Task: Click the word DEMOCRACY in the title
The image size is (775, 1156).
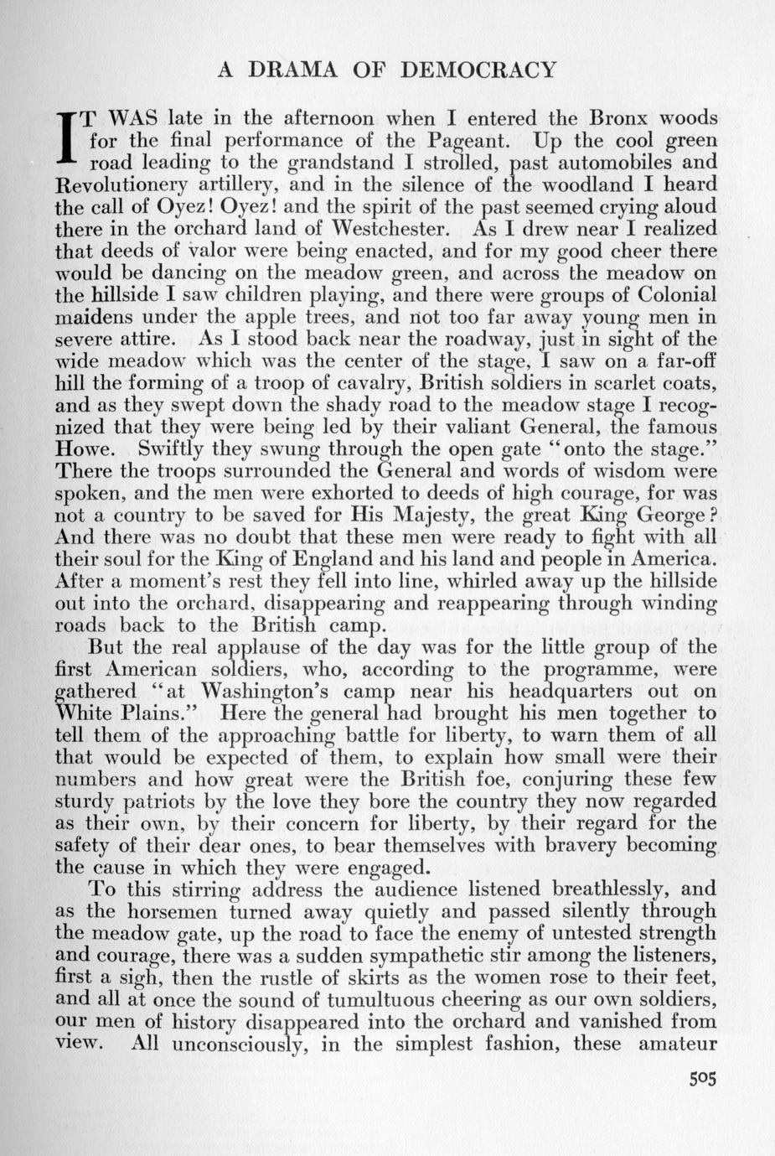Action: pos(478,70)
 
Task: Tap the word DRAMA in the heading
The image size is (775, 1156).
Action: pos(293,70)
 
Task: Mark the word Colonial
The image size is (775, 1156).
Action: pos(676,295)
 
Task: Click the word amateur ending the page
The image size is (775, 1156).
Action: pos(677,1045)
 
